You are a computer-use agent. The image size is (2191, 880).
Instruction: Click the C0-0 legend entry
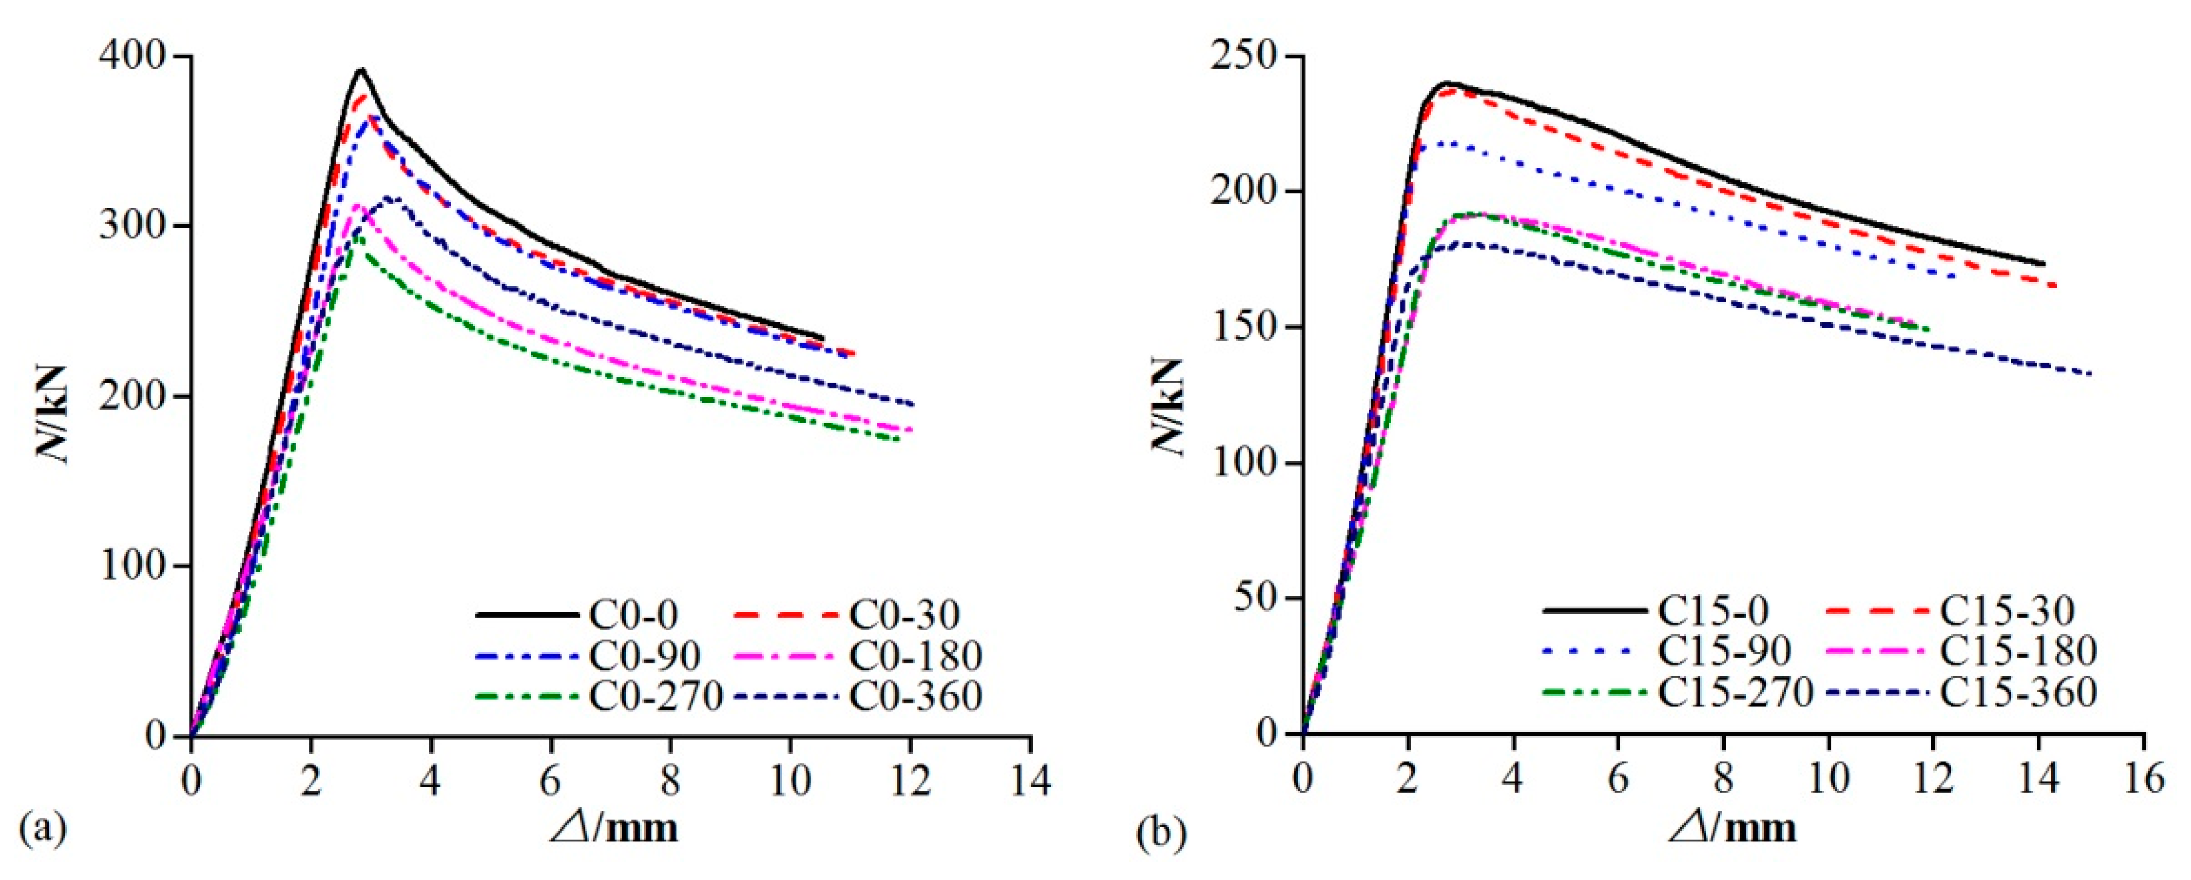point(634,614)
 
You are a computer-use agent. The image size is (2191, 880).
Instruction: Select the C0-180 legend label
point(916,655)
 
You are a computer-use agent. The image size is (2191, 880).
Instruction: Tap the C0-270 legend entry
point(656,696)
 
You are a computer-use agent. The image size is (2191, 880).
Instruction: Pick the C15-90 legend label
point(1725,651)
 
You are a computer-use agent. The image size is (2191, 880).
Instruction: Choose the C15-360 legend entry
point(2018,693)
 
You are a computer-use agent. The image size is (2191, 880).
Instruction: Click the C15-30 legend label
point(2007,610)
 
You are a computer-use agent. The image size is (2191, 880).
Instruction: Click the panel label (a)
point(43,828)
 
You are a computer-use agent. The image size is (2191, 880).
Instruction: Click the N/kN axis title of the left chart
point(53,415)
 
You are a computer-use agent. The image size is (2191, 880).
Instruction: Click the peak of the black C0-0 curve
point(361,70)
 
